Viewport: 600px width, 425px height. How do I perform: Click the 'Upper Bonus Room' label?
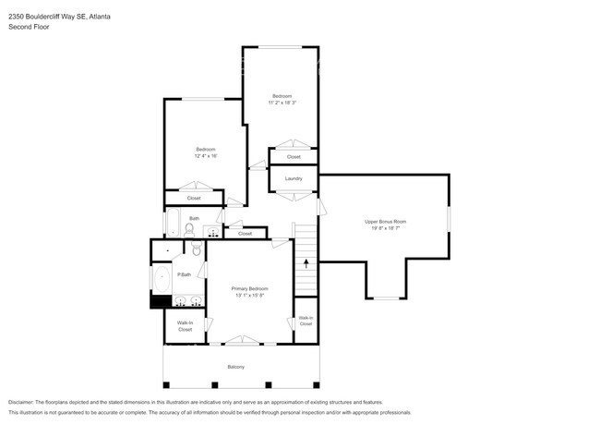tap(385, 222)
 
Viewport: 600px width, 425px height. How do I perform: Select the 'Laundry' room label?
tap(294, 178)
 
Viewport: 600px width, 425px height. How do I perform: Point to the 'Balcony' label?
tap(236, 367)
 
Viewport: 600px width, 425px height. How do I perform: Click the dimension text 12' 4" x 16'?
tap(205, 156)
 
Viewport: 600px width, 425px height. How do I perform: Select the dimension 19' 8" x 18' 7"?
tap(385, 228)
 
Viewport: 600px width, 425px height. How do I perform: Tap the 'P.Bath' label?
tap(185, 274)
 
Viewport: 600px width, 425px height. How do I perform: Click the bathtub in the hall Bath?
tap(173, 223)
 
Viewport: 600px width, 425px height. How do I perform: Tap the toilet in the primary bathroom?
tap(196, 250)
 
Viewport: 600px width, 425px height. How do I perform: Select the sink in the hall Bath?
tap(213, 231)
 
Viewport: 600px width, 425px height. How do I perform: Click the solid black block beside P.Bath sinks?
tap(156, 300)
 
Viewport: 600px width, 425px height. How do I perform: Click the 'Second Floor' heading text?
tap(29, 27)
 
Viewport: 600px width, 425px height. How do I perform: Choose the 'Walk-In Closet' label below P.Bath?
tap(185, 326)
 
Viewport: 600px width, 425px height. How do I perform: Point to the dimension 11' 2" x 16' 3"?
tap(282, 103)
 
